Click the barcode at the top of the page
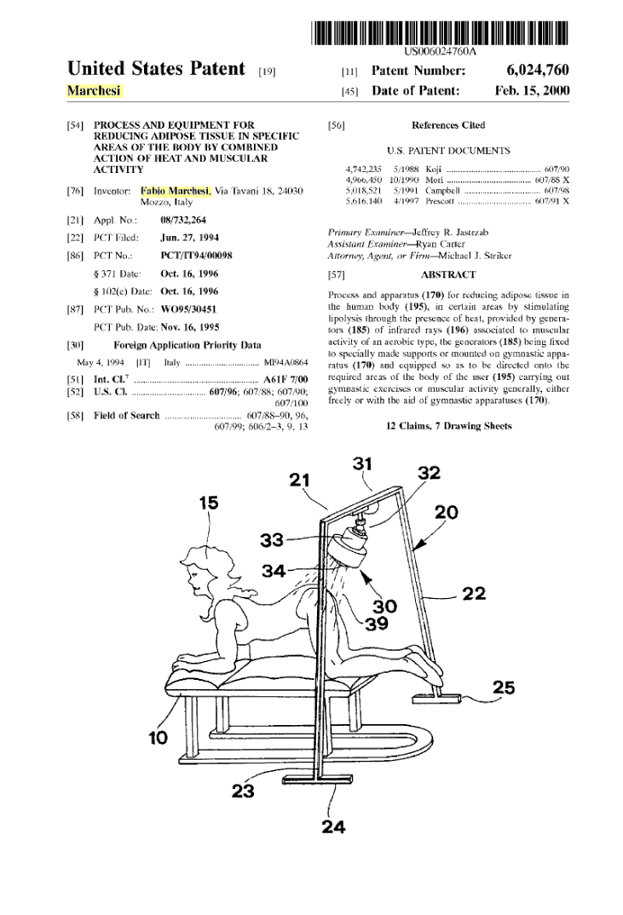[439, 32]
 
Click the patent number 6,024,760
[537, 71]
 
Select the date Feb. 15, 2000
[532, 90]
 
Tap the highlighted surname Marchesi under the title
[94, 90]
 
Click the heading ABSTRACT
[447, 274]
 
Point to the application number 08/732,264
[182, 220]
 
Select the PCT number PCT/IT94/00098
[196, 256]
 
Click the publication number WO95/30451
[188, 309]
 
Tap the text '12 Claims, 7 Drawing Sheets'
[448, 426]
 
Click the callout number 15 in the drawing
[209, 503]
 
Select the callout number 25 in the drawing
[504, 688]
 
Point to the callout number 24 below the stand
[333, 826]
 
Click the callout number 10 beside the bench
[159, 738]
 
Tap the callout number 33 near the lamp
[272, 540]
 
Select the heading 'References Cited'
[447, 125]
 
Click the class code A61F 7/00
[286, 379]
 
